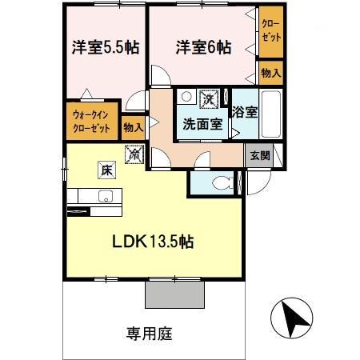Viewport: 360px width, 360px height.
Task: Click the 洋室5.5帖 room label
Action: coord(102,47)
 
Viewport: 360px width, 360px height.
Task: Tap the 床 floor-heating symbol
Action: coord(106,170)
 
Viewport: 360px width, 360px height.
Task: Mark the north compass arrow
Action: coord(294,320)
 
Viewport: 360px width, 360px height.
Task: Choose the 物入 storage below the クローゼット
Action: coord(270,74)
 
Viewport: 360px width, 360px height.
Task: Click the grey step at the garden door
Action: coord(174,294)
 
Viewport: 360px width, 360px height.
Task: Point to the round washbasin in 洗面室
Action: coord(186,97)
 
